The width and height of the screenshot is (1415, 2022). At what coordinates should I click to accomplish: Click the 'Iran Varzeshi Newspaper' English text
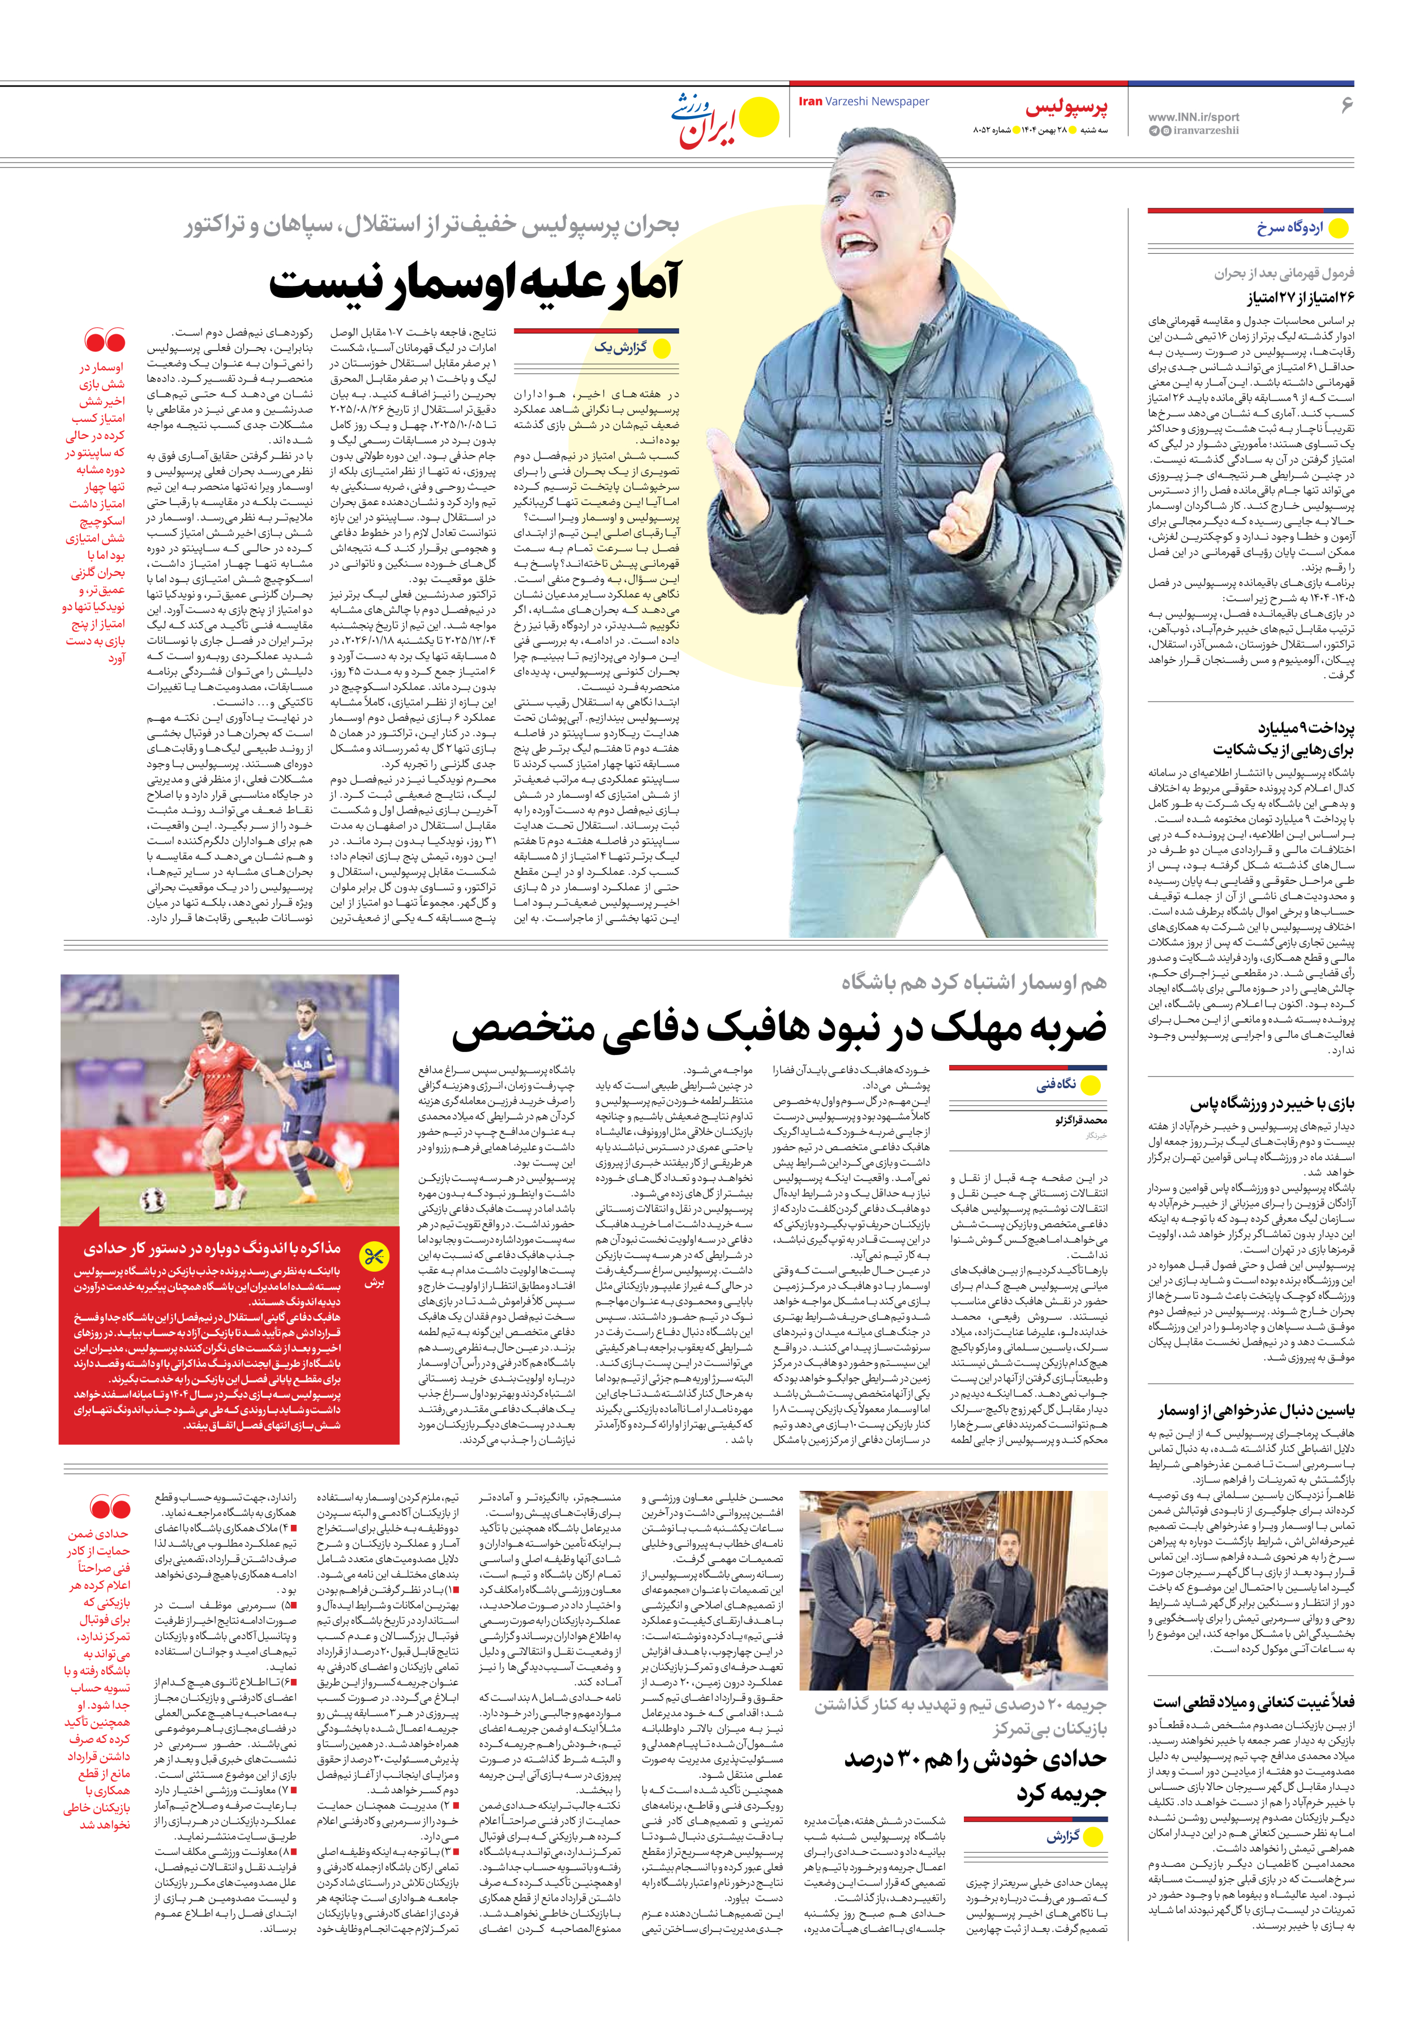[x=863, y=101]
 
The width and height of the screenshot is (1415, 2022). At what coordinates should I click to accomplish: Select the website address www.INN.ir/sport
[x=1193, y=116]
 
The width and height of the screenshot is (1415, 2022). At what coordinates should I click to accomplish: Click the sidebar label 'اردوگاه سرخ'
[x=1289, y=228]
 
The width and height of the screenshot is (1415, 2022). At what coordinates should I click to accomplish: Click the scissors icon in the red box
[x=374, y=1255]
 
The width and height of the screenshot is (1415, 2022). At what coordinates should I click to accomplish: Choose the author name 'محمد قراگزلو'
[x=1080, y=1119]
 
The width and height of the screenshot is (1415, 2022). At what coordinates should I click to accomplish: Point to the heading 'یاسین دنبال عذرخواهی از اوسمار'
[x=1255, y=1411]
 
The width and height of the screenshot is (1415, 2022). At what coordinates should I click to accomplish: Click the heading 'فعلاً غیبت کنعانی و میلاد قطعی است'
[x=1253, y=1702]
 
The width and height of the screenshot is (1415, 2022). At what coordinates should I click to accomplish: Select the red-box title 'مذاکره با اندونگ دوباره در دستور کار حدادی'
[x=211, y=1249]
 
